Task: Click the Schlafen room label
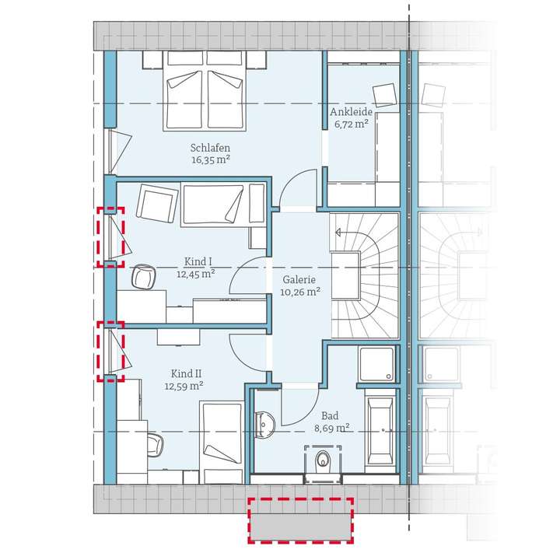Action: point(210,147)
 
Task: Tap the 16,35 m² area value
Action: point(210,159)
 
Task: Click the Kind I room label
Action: point(195,261)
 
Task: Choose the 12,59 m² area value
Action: point(184,385)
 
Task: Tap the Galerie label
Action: point(300,280)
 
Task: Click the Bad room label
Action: point(331,415)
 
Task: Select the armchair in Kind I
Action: point(156,204)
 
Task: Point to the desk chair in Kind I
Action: point(142,276)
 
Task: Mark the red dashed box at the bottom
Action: point(300,520)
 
